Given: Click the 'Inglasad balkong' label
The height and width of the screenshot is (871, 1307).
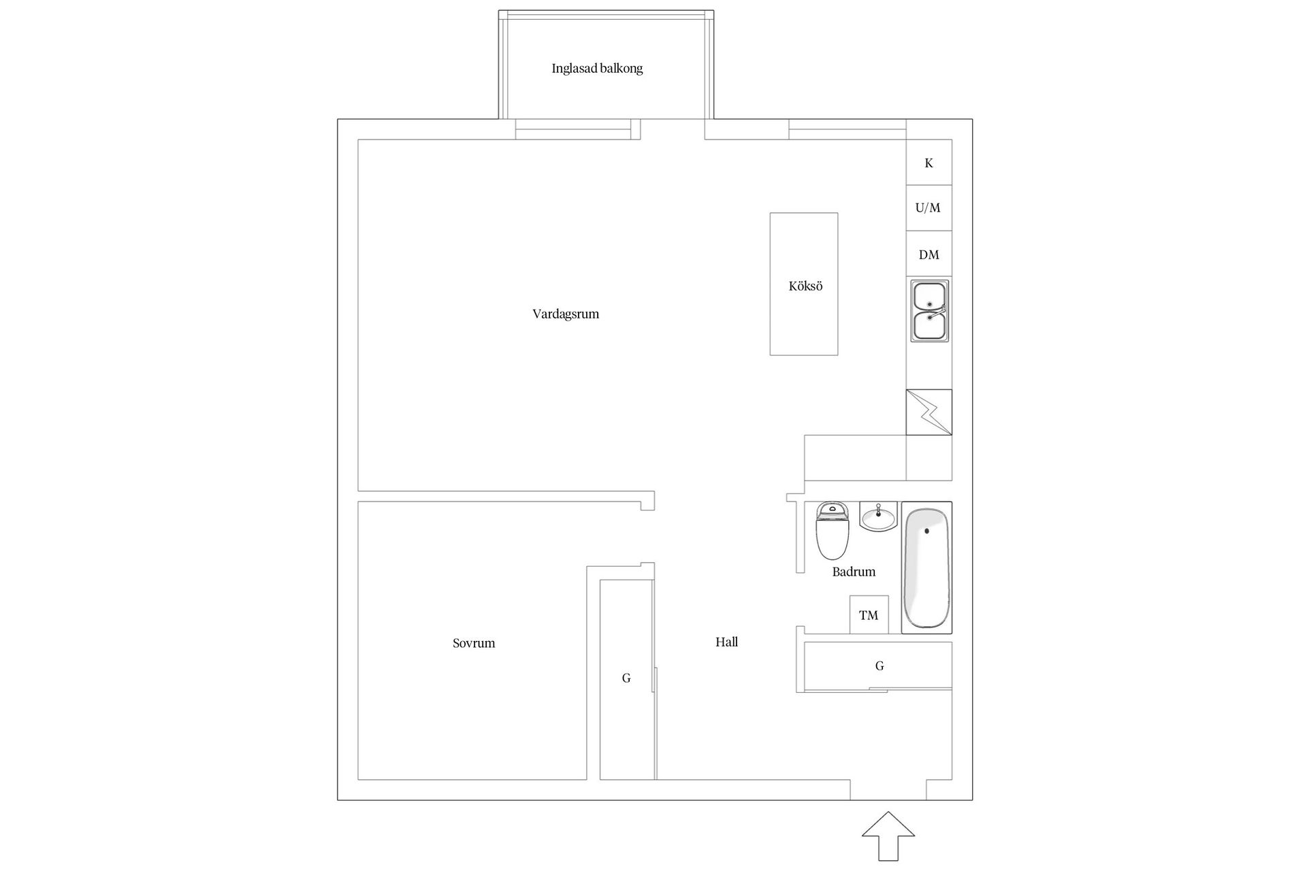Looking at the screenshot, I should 597,69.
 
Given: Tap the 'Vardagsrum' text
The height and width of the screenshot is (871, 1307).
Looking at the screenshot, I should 566,314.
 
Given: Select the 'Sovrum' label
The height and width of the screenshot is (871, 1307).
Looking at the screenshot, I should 474,643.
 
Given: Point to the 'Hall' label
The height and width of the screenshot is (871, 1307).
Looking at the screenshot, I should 726,642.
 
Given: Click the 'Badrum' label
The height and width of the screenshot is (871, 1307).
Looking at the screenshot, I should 854,572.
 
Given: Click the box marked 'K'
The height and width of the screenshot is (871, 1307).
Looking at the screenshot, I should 929,163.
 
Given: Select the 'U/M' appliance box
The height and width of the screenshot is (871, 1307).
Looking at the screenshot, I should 929,208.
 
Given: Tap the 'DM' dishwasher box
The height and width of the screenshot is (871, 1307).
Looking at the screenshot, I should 929,254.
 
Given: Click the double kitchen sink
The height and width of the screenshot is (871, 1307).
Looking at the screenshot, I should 930,311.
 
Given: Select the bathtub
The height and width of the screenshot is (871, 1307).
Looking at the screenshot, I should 926,568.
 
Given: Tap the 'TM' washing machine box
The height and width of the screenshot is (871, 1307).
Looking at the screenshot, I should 869,615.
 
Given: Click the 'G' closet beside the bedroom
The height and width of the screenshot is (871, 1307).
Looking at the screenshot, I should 626,678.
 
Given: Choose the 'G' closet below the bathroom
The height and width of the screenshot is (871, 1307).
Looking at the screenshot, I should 879,666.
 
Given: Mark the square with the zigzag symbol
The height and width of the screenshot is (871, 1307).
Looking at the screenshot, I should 929,412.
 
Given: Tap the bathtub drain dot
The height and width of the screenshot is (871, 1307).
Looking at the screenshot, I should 926,531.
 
